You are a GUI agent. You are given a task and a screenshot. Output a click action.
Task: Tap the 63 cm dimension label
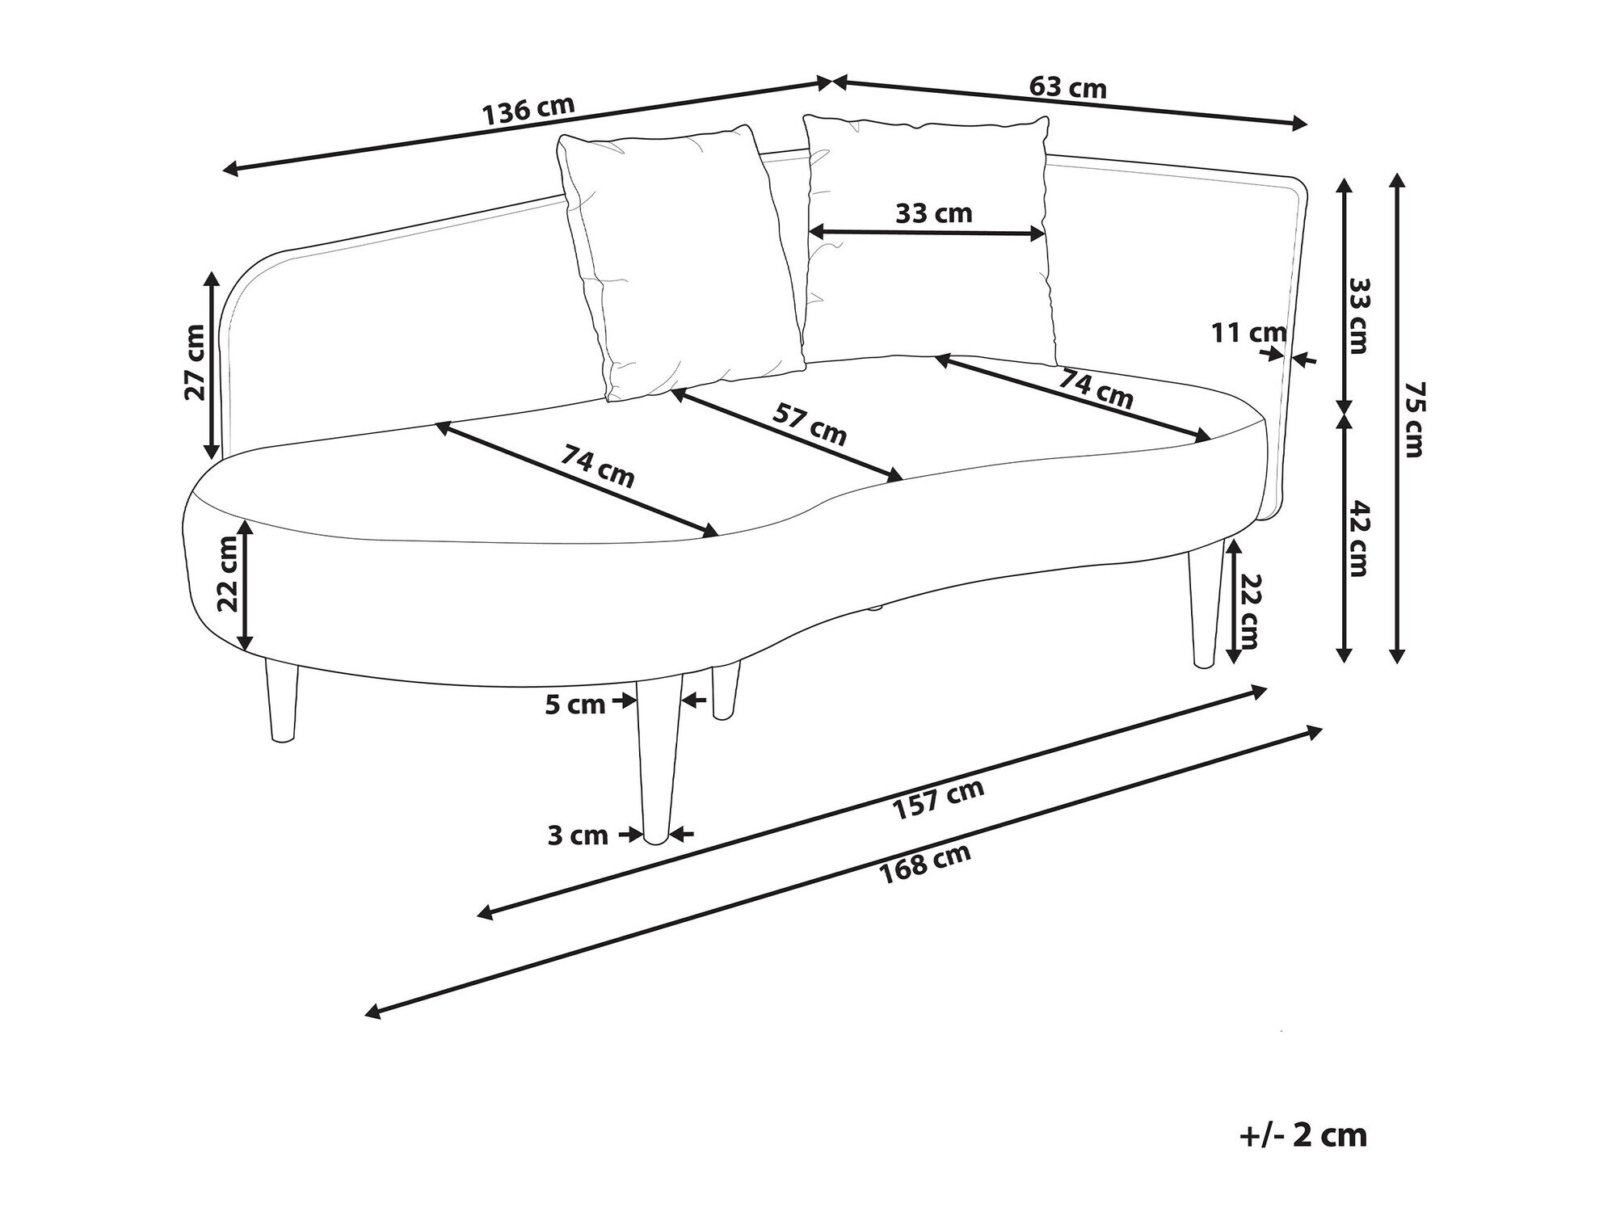pyautogui.click(x=1067, y=87)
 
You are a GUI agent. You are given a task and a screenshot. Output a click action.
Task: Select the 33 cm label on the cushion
pyautogui.click(x=933, y=214)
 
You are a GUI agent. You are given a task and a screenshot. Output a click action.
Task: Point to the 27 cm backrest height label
pyautogui.click(x=195, y=363)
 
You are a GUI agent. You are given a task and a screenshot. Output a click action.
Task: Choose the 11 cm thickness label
pyautogui.click(x=1248, y=332)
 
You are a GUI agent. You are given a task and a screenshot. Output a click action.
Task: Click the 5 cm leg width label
pyautogui.click(x=574, y=705)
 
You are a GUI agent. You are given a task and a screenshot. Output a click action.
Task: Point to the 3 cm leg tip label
pyautogui.click(x=578, y=835)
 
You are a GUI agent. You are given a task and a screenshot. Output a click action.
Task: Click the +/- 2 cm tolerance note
pyautogui.click(x=1302, y=1135)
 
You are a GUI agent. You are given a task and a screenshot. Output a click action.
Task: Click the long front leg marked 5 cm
pyautogui.click(x=658, y=768)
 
